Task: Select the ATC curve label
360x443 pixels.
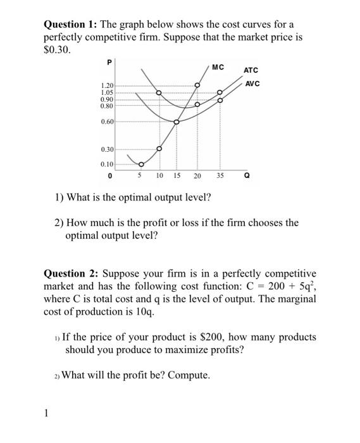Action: tap(252, 71)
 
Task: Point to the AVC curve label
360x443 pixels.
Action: tap(252, 84)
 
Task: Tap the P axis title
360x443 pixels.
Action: tap(109, 63)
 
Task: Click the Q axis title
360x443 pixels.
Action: tap(246, 177)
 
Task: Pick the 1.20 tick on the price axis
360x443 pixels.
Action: tap(107, 85)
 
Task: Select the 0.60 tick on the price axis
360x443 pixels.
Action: tap(107, 122)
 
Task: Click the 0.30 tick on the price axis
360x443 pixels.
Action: tap(107, 149)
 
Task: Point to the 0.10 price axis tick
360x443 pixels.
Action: tap(107, 165)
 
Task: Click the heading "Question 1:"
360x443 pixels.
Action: tap(72, 25)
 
